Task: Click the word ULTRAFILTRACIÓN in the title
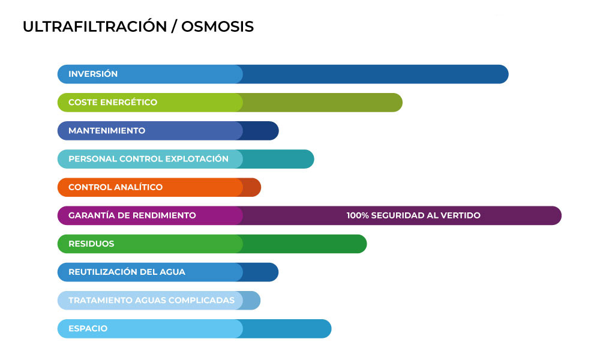click(x=95, y=26)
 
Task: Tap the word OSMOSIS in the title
click(x=217, y=26)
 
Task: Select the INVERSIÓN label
click(x=93, y=73)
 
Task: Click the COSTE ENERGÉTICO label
click(x=113, y=102)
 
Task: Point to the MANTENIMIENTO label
click(x=107, y=130)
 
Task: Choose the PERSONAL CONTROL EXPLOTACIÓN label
click(x=148, y=159)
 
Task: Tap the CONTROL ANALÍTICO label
click(x=116, y=187)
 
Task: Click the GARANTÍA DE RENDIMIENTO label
click(x=132, y=215)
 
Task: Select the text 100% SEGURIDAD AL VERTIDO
click(x=413, y=215)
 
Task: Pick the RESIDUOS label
click(x=91, y=244)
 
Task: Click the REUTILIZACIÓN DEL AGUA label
click(x=127, y=272)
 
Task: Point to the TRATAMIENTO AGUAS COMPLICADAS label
click(x=152, y=301)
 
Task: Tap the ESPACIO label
click(x=88, y=329)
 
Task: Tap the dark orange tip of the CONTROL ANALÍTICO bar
click(x=253, y=187)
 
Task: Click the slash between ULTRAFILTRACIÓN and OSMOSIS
click(x=174, y=26)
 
